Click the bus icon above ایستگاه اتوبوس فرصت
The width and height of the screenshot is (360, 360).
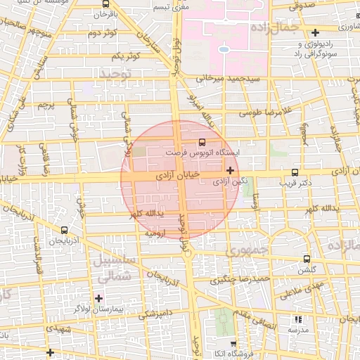(x=202, y=141)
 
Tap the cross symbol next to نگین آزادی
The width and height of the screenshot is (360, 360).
(x=230, y=169)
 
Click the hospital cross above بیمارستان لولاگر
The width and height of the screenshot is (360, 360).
(x=98, y=298)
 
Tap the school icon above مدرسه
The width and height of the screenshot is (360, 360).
(x=298, y=319)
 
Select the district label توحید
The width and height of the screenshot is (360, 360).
(x=115, y=73)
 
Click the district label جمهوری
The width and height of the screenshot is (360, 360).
(x=247, y=251)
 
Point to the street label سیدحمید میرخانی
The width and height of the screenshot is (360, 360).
(x=229, y=79)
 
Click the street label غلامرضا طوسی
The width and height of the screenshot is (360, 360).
(x=264, y=112)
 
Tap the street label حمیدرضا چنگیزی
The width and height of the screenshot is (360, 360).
(x=242, y=279)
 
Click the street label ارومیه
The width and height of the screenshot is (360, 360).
(x=154, y=231)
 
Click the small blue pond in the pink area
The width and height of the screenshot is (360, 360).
(x=223, y=50)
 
